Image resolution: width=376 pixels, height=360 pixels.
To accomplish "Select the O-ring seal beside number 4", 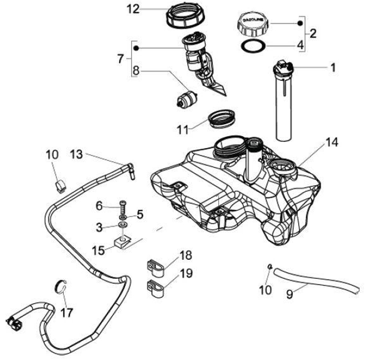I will click(x=252, y=46).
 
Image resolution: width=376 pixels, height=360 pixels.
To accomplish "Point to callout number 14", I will click(x=333, y=142).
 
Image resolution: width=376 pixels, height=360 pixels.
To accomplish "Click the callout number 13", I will click(x=76, y=154).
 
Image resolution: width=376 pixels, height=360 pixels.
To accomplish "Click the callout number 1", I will click(x=333, y=67).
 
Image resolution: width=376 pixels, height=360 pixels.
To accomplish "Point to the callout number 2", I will click(x=313, y=34).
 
